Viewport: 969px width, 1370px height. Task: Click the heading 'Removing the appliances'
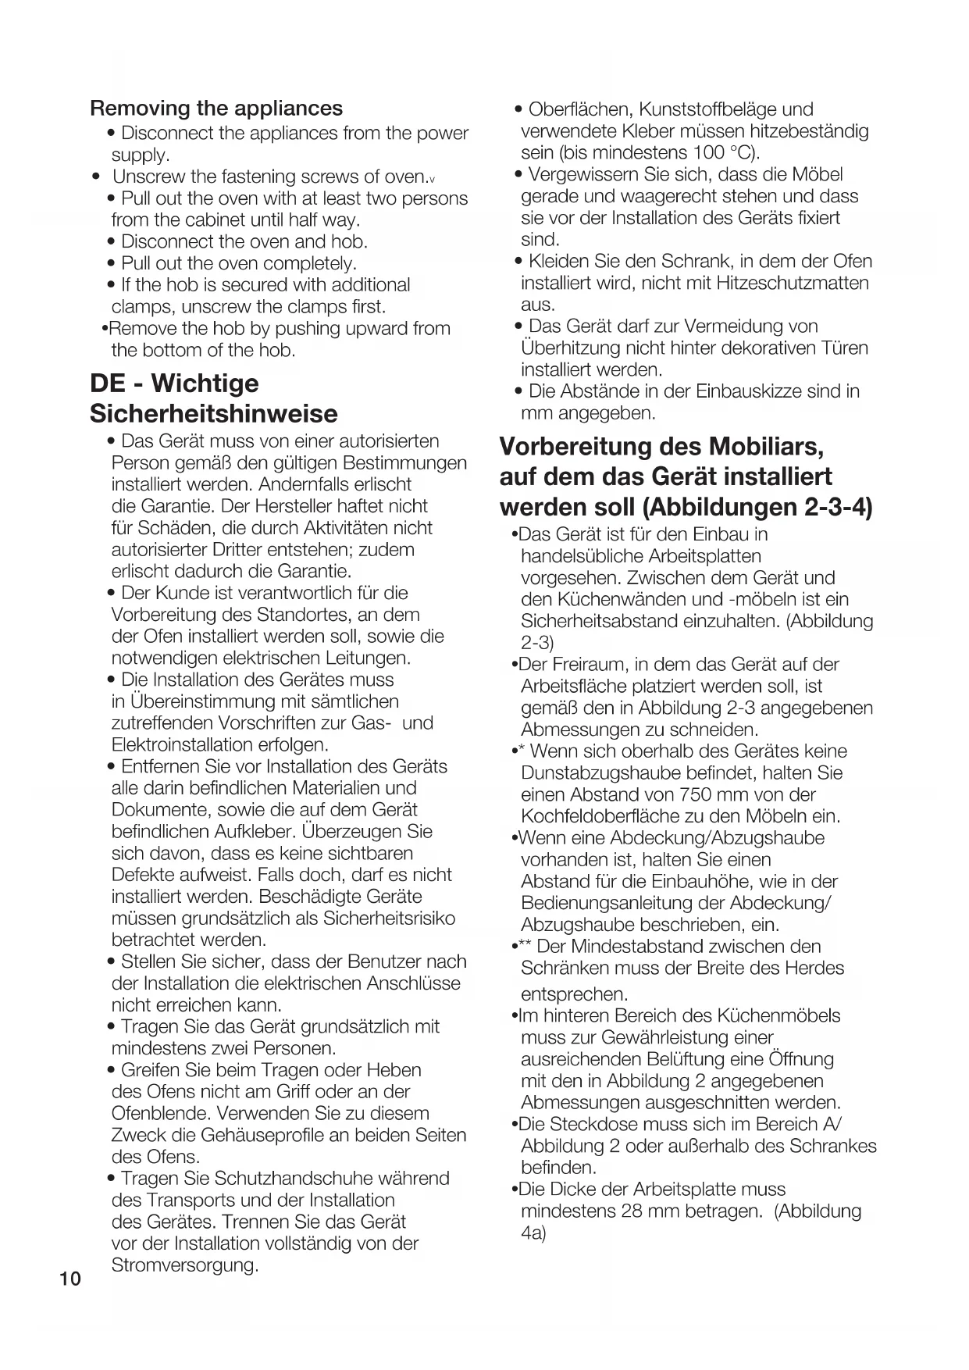[x=216, y=108]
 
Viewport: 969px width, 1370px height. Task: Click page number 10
[x=69, y=1279]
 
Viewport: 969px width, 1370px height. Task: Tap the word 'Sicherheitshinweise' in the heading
[x=214, y=413]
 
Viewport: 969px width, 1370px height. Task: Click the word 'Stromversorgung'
[x=184, y=1265]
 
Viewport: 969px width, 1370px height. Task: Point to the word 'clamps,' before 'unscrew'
[x=143, y=306]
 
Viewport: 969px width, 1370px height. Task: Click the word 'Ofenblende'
[x=161, y=1113]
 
